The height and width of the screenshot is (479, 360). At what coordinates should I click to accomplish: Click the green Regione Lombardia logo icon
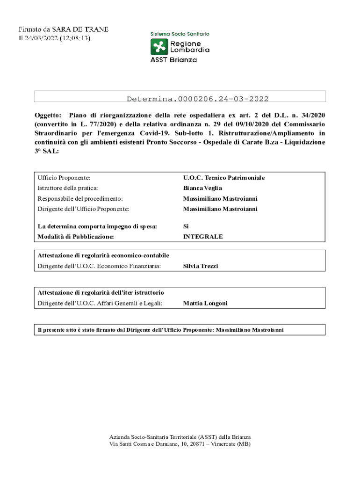pos(159,47)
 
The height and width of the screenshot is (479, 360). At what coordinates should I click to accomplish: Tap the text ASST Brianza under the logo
pos(173,60)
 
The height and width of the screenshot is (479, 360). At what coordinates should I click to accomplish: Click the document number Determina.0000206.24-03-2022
pos(197,99)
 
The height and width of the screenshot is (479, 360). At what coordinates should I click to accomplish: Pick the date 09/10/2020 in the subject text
pos(254,124)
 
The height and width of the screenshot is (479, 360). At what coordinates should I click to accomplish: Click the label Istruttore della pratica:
pos(68,188)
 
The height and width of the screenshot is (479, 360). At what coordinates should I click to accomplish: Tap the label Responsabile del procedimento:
pos(80,199)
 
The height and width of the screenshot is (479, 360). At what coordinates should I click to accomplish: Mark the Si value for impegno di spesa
pos(186,226)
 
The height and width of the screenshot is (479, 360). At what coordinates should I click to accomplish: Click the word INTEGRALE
pos(203,237)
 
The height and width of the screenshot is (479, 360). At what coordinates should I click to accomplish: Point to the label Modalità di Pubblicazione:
pos(76,237)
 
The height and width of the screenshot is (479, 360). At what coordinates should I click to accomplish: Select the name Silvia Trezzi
pos(201,266)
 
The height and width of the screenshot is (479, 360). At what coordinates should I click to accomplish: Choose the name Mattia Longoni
pos(205,303)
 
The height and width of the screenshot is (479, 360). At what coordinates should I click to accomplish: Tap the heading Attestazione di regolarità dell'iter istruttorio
pos(101,293)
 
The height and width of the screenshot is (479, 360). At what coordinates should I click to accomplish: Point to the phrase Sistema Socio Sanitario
pos(180,34)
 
